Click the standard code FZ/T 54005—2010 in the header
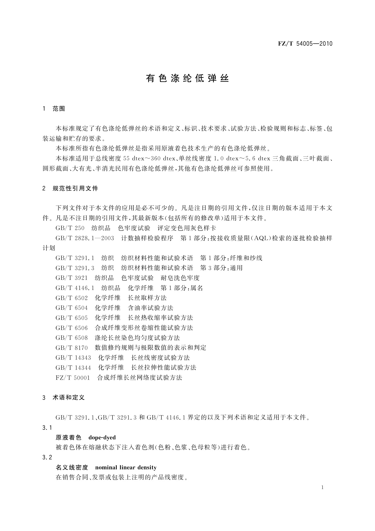(x=305, y=44)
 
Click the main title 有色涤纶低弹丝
(x=187, y=79)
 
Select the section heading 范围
(x=59, y=109)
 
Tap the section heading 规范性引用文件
(x=75, y=189)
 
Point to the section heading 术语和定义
(x=69, y=398)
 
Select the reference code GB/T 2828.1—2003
(x=85, y=238)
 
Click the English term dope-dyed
(x=102, y=437)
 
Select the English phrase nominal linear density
(x=126, y=467)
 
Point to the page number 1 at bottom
(x=323, y=487)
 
